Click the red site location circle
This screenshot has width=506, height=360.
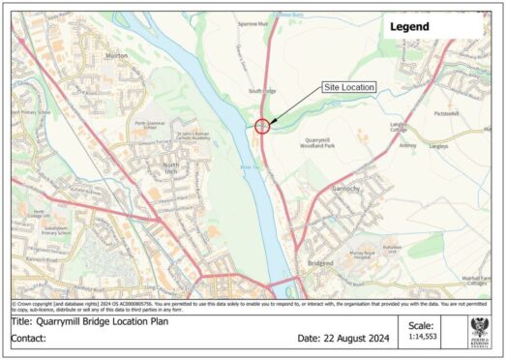[x=262, y=124]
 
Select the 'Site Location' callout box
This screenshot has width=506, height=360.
[x=348, y=88]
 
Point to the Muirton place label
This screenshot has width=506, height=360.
[x=117, y=57]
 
